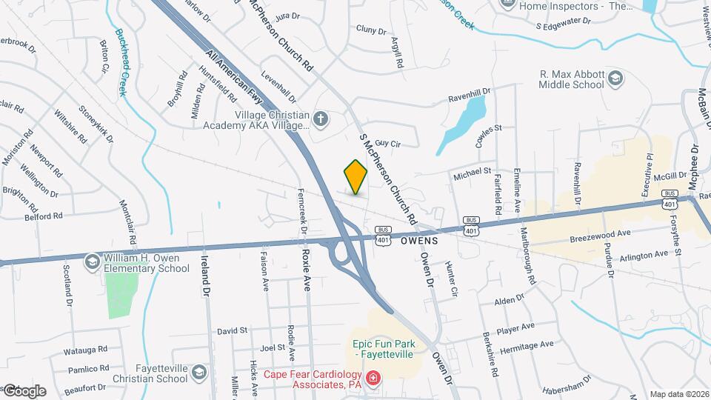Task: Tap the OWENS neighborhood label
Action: pyautogui.click(x=419, y=241)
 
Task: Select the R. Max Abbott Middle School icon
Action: pyautogui.click(x=615, y=78)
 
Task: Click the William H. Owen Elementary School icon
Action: pyautogui.click(x=93, y=261)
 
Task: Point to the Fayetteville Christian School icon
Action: pyautogui.click(x=198, y=372)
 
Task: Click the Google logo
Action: pyautogui.click(x=24, y=390)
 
